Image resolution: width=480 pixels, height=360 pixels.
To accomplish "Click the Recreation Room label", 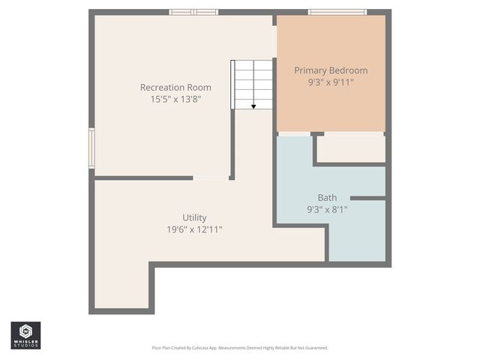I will point(175,87).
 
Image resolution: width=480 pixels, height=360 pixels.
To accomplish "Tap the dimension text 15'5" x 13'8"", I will point(175,98).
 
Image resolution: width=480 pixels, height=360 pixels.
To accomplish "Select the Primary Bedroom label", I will point(331,70).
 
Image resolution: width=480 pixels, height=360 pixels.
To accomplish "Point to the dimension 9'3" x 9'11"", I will point(331,82).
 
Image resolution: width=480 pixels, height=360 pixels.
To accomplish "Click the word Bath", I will point(327,198).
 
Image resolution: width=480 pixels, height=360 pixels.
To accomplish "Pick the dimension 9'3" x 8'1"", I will point(327,209).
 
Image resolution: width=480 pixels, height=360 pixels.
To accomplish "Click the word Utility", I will point(194,217).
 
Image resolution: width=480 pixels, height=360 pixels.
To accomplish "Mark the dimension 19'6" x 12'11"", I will point(194,229).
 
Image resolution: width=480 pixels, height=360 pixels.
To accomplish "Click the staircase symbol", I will point(253,84).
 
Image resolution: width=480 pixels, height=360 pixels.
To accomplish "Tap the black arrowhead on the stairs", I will point(253,106).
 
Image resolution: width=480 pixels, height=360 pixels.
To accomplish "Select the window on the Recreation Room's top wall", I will point(193,12).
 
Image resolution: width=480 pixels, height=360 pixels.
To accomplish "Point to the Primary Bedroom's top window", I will point(337,12).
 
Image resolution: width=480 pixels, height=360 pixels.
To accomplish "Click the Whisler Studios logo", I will point(25,334).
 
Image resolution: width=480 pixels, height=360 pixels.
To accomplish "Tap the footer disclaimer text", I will point(240,348).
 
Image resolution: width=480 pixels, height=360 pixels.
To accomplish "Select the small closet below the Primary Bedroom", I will point(350,148).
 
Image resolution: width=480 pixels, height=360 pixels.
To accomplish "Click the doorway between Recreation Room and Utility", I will point(211,178).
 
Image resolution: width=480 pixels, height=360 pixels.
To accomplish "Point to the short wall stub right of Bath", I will point(367,198).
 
